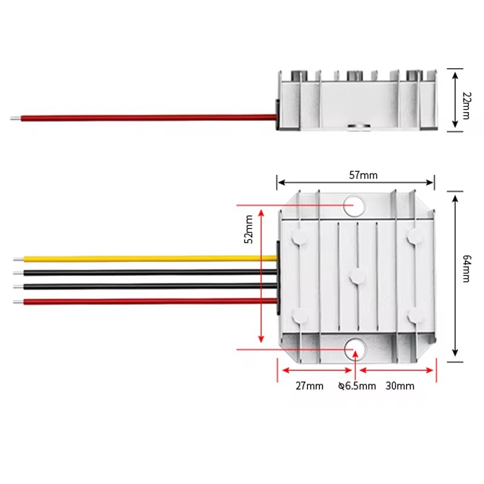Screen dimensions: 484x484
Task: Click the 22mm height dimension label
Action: [x=466, y=105]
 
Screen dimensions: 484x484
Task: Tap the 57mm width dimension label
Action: [x=364, y=175]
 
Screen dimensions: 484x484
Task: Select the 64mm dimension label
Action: [x=466, y=269]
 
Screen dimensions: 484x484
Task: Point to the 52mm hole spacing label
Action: [x=249, y=229]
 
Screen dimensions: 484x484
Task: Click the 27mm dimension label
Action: [x=309, y=386]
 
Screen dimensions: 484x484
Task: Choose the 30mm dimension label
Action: [x=400, y=386]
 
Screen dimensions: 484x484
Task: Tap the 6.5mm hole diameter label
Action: [x=357, y=386]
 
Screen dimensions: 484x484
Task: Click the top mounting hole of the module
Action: [x=355, y=206]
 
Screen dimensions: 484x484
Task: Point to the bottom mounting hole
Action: [x=355, y=350]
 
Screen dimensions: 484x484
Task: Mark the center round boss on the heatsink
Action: [x=358, y=277]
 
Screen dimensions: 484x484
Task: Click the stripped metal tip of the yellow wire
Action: [x=19, y=260]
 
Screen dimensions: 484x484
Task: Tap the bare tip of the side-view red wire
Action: [x=16, y=118]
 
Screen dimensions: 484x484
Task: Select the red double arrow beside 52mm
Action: [x=261, y=276]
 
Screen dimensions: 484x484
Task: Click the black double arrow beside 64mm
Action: [x=455, y=276]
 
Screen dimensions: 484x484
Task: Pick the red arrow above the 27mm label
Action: [x=317, y=370]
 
